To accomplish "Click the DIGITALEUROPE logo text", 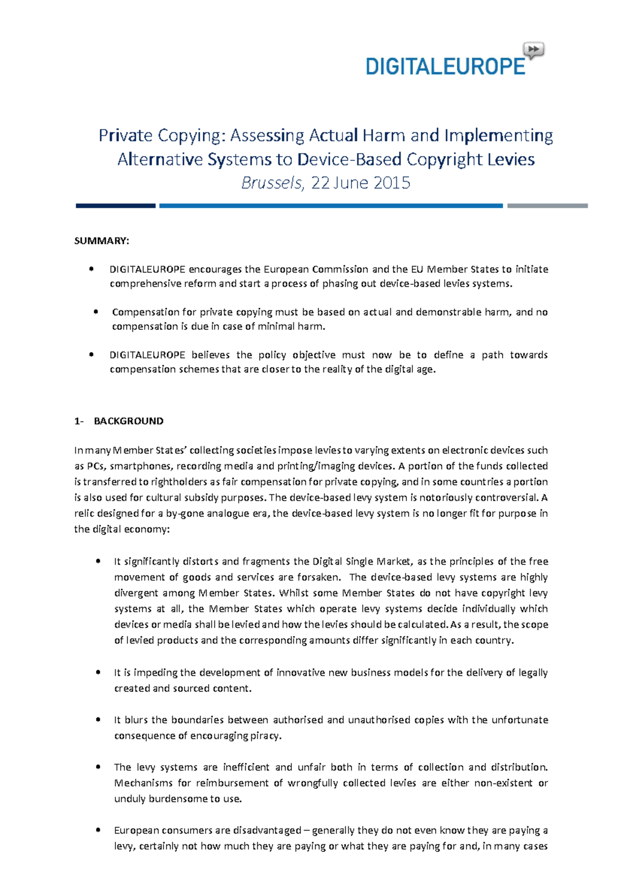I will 445,67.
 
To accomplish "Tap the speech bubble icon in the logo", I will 534,50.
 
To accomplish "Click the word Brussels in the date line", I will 272,183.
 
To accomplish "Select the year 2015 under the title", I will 391,183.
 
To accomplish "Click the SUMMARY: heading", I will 101,241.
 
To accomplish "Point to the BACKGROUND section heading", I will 128,421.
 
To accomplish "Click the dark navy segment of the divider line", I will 115,206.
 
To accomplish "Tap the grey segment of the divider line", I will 547,206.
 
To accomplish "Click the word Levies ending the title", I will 510,159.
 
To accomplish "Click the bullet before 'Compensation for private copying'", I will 96,312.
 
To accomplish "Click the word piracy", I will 265,736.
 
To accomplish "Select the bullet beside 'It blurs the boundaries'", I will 98,720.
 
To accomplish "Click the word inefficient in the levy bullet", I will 246,767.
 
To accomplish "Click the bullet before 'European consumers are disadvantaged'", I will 98,830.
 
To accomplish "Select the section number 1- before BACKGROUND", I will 79,421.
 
